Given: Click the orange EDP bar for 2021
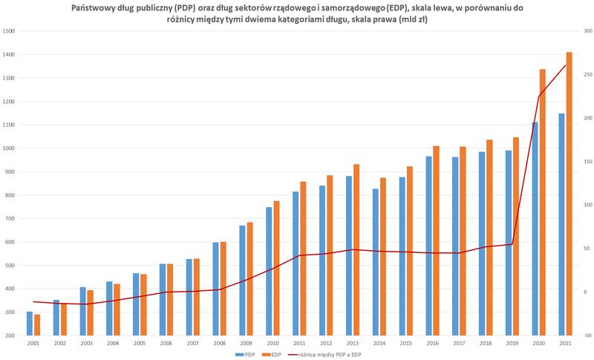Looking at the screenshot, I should point(569,193).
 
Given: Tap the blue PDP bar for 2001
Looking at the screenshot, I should point(30,324).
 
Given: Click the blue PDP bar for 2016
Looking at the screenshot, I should point(428,246).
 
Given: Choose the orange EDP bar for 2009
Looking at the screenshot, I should point(250,278).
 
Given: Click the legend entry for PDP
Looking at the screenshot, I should point(245,355).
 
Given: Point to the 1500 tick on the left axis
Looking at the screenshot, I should point(9,31).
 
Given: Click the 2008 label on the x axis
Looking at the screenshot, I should point(219,344).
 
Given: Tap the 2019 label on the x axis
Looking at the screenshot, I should point(511,344).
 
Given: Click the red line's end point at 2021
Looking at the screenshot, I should point(565,65).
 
